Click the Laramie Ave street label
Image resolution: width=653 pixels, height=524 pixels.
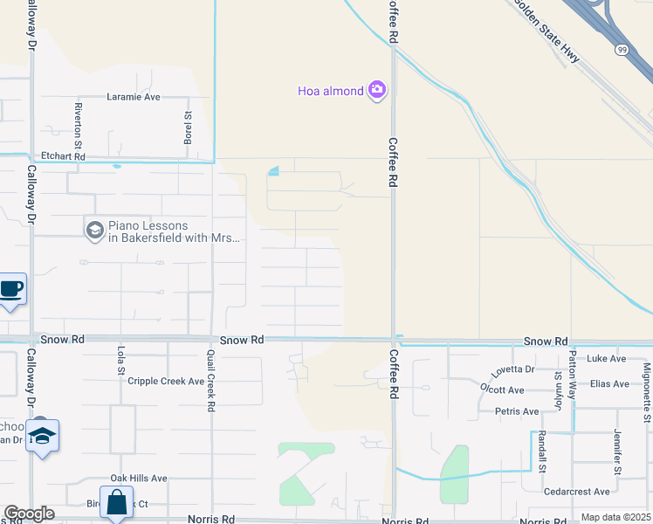pos(134,97)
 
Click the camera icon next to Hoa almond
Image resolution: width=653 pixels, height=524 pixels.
pos(377,90)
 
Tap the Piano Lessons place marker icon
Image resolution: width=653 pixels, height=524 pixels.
pos(94,231)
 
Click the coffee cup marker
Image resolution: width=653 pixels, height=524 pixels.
pos(10,288)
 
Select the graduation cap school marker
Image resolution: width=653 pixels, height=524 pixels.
pos(41,436)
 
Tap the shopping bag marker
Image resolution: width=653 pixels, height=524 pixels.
pos(116,503)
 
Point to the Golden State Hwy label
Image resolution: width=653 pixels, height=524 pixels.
pos(547,31)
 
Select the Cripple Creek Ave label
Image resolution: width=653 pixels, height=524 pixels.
pos(166,382)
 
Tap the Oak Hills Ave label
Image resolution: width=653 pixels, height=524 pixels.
pos(138,479)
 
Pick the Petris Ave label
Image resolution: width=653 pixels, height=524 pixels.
pos(518,411)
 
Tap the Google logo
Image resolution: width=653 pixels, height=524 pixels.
pos(28,514)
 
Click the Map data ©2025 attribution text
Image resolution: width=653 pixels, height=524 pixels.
pos(615,517)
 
